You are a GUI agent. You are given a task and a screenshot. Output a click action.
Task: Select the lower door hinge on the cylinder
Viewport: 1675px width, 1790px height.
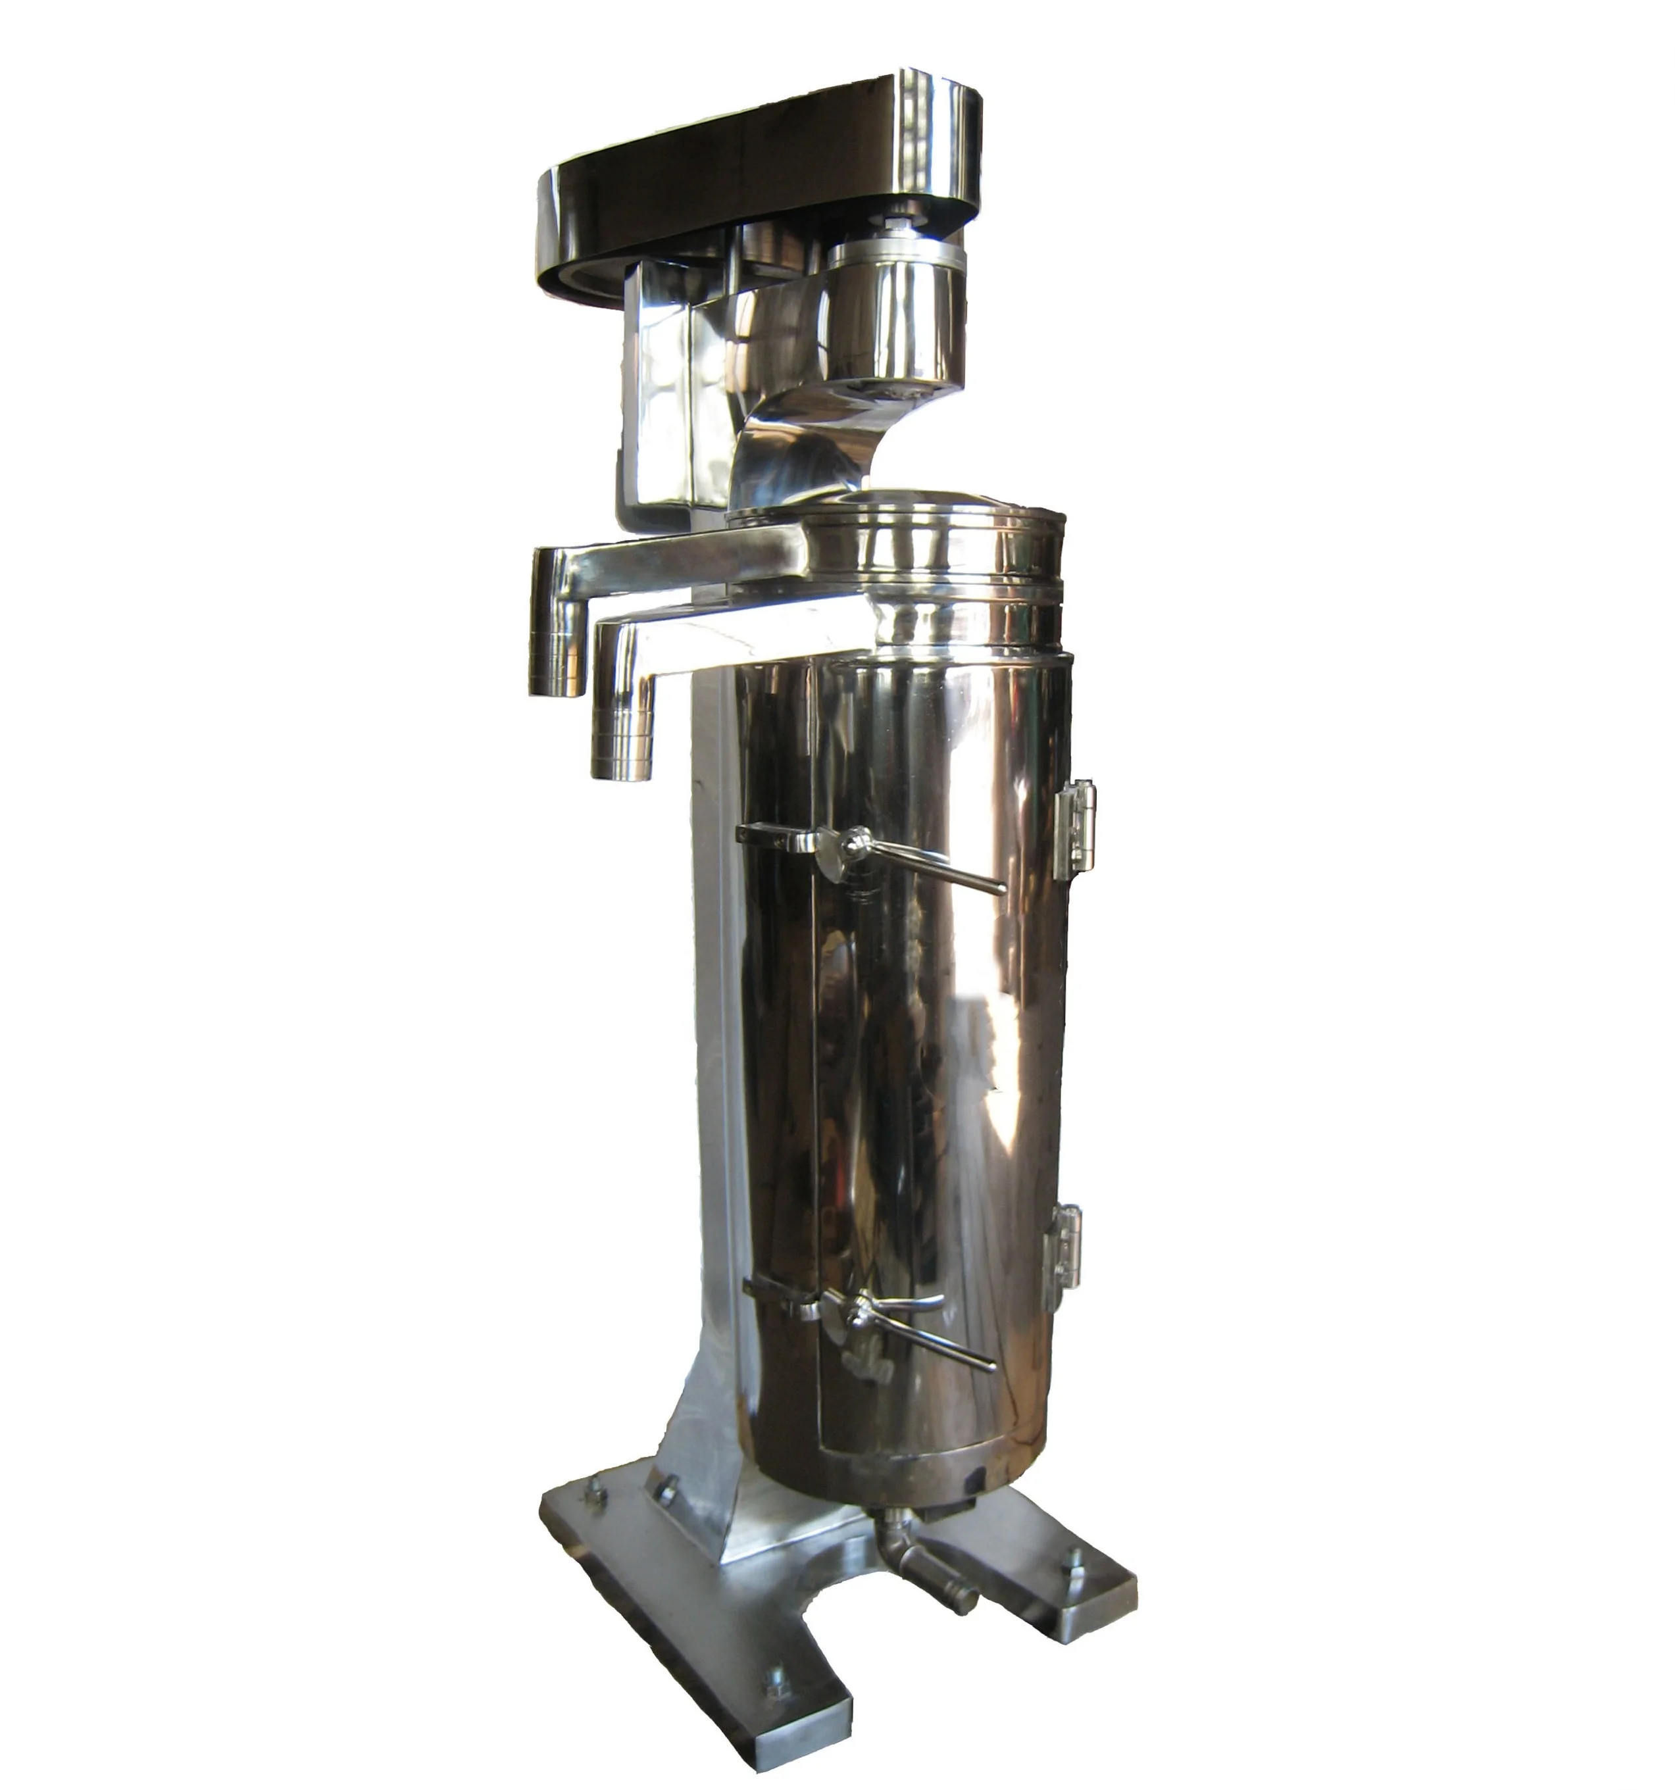[1062, 1256]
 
